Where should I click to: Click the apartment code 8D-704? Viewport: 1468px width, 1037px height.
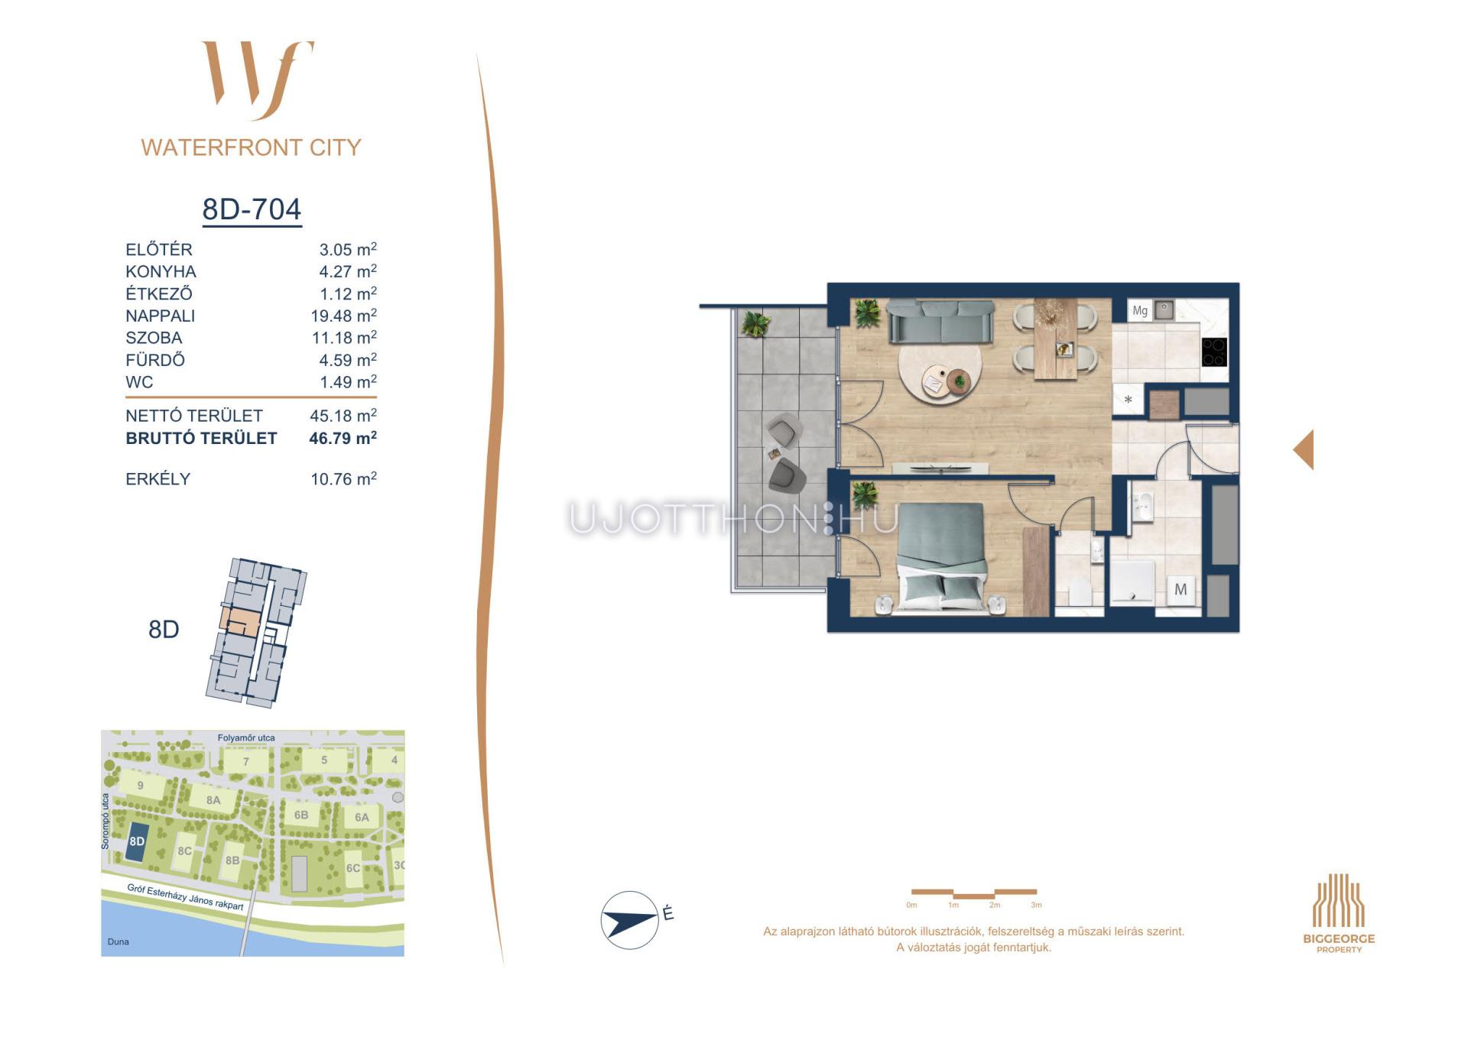pyautogui.click(x=252, y=209)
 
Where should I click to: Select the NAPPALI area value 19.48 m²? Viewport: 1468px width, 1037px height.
pyautogui.click(x=343, y=316)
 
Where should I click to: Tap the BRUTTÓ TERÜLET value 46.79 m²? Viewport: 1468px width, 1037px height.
pyautogui.click(x=343, y=438)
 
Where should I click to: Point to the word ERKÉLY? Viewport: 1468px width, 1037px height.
pyautogui.click(x=158, y=479)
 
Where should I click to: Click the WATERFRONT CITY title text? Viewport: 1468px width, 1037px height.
pyautogui.click(x=251, y=147)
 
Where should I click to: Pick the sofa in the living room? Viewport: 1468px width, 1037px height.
pyautogui.click(x=940, y=321)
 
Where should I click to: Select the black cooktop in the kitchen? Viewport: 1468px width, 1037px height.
pyautogui.click(x=1214, y=352)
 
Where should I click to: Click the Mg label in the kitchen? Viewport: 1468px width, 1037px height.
pyautogui.click(x=1140, y=310)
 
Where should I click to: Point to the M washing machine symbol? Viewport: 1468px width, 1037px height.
pyautogui.click(x=1181, y=589)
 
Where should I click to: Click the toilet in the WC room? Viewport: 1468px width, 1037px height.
pyautogui.click(x=1079, y=591)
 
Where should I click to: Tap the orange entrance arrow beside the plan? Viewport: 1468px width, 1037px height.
pyautogui.click(x=1304, y=449)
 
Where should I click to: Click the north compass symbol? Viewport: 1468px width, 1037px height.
pyautogui.click(x=630, y=920)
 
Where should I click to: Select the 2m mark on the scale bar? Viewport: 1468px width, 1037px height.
pyautogui.click(x=994, y=905)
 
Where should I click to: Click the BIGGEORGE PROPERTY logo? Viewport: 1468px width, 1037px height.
pyautogui.click(x=1339, y=912)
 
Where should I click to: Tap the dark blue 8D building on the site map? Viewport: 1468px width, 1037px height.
pyautogui.click(x=138, y=842)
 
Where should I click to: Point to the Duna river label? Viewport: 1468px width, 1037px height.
pyautogui.click(x=118, y=941)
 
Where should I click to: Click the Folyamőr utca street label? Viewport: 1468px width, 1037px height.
pyautogui.click(x=246, y=738)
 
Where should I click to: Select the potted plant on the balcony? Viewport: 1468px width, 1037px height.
pyautogui.click(x=755, y=323)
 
